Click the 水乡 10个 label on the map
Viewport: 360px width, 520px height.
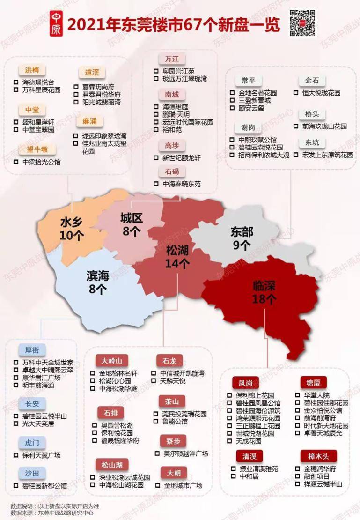click(72, 229)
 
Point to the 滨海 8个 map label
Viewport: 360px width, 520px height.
click(98, 282)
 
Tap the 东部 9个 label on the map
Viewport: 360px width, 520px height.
click(242, 238)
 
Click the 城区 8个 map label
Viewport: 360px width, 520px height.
click(132, 224)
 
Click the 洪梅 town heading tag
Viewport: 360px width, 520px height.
click(32, 70)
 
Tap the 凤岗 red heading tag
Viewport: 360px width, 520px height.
click(245, 382)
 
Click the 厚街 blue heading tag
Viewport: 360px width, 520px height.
click(32, 350)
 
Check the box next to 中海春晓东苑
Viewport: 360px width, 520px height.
click(156, 184)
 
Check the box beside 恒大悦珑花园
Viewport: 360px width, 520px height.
click(296, 93)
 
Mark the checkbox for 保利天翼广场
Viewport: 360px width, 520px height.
click(16, 455)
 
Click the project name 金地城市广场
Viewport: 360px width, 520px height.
click(183, 485)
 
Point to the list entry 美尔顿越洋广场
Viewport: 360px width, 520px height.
click(185, 453)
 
